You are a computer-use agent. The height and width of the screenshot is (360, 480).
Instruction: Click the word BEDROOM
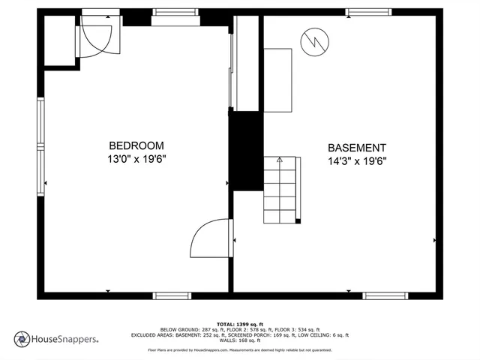(x=136, y=145)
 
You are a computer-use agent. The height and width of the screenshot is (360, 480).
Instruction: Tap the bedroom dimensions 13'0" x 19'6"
(x=136, y=159)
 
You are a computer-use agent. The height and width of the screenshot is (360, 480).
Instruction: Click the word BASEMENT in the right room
(x=357, y=148)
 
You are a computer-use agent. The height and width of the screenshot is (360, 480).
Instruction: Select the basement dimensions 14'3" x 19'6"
(x=357, y=161)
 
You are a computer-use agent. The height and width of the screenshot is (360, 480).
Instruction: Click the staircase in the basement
(x=281, y=190)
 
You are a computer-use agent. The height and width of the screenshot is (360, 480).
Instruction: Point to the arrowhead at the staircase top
(x=280, y=160)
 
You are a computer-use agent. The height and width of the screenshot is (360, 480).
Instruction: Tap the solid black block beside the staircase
(x=244, y=150)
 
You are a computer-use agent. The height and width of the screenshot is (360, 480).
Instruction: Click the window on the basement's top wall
(x=368, y=12)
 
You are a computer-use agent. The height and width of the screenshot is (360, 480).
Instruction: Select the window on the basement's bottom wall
(x=385, y=295)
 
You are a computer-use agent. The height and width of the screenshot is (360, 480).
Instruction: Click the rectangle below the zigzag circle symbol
(x=277, y=79)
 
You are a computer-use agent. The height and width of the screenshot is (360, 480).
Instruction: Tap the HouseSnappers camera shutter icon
(x=22, y=339)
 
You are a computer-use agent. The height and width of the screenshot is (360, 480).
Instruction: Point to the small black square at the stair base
(x=298, y=223)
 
